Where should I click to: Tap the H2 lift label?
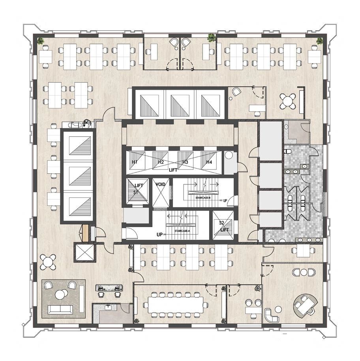click(x=161, y=162)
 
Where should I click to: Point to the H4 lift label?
click(x=209, y=162)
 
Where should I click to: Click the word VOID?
click(x=160, y=184)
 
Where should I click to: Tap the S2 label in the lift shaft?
click(x=221, y=223)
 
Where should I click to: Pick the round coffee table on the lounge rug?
click(x=61, y=294)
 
